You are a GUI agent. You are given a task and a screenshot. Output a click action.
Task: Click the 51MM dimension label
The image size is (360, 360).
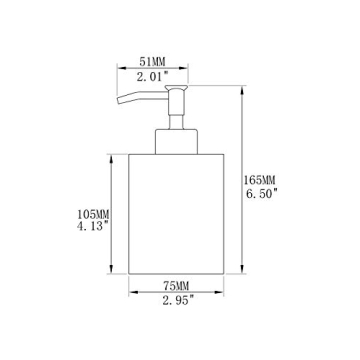152,61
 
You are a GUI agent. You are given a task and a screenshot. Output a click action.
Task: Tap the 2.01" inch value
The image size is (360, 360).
152,77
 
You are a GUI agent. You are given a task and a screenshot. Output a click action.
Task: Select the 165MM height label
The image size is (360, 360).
260,180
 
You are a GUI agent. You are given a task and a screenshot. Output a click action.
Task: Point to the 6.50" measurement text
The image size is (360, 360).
262,193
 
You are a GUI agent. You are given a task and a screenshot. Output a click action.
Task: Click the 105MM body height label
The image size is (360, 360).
93,213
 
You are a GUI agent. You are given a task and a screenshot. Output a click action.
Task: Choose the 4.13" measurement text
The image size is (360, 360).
93,226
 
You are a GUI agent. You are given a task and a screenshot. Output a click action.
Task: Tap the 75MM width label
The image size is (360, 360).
176,286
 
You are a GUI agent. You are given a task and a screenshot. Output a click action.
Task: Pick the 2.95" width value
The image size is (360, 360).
178,301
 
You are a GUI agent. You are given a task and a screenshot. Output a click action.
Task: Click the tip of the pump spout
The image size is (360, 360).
118,101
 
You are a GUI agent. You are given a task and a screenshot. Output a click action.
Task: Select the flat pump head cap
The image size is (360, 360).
176,87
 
